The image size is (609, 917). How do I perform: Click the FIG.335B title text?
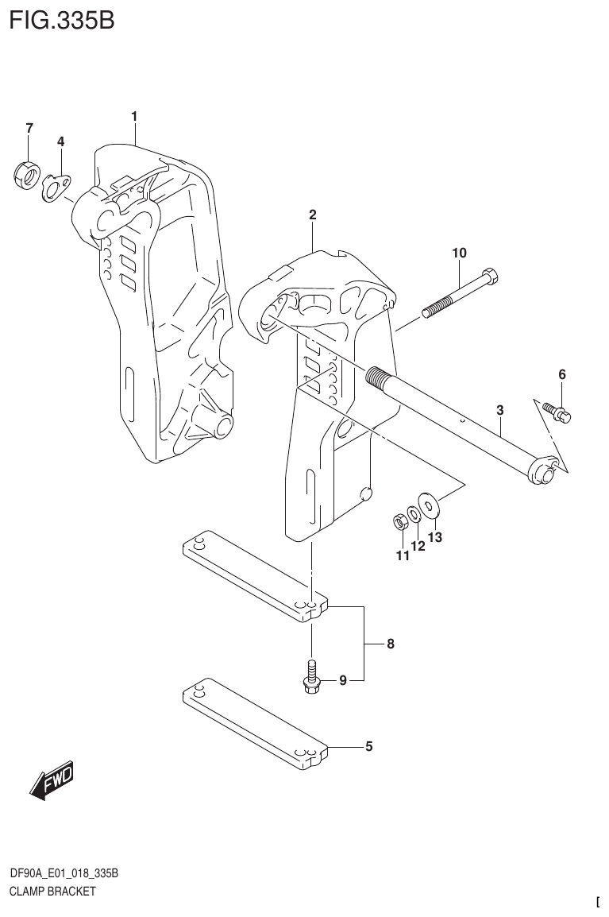click(62, 20)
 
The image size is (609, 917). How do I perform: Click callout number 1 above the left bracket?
click(134, 117)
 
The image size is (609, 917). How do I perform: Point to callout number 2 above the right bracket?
click(313, 215)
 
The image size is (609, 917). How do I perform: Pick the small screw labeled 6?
click(559, 411)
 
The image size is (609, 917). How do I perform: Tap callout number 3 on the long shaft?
click(499, 411)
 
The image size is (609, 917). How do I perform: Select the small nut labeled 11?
click(401, 522)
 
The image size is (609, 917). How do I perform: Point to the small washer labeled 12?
click(414, 513)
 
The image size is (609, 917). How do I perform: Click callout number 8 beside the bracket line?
click(391, 644)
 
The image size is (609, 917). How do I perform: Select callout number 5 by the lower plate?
click(368, 746)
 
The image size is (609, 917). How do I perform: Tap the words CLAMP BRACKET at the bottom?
click(52, 892)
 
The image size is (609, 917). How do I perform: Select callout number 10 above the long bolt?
click(459, 253)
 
